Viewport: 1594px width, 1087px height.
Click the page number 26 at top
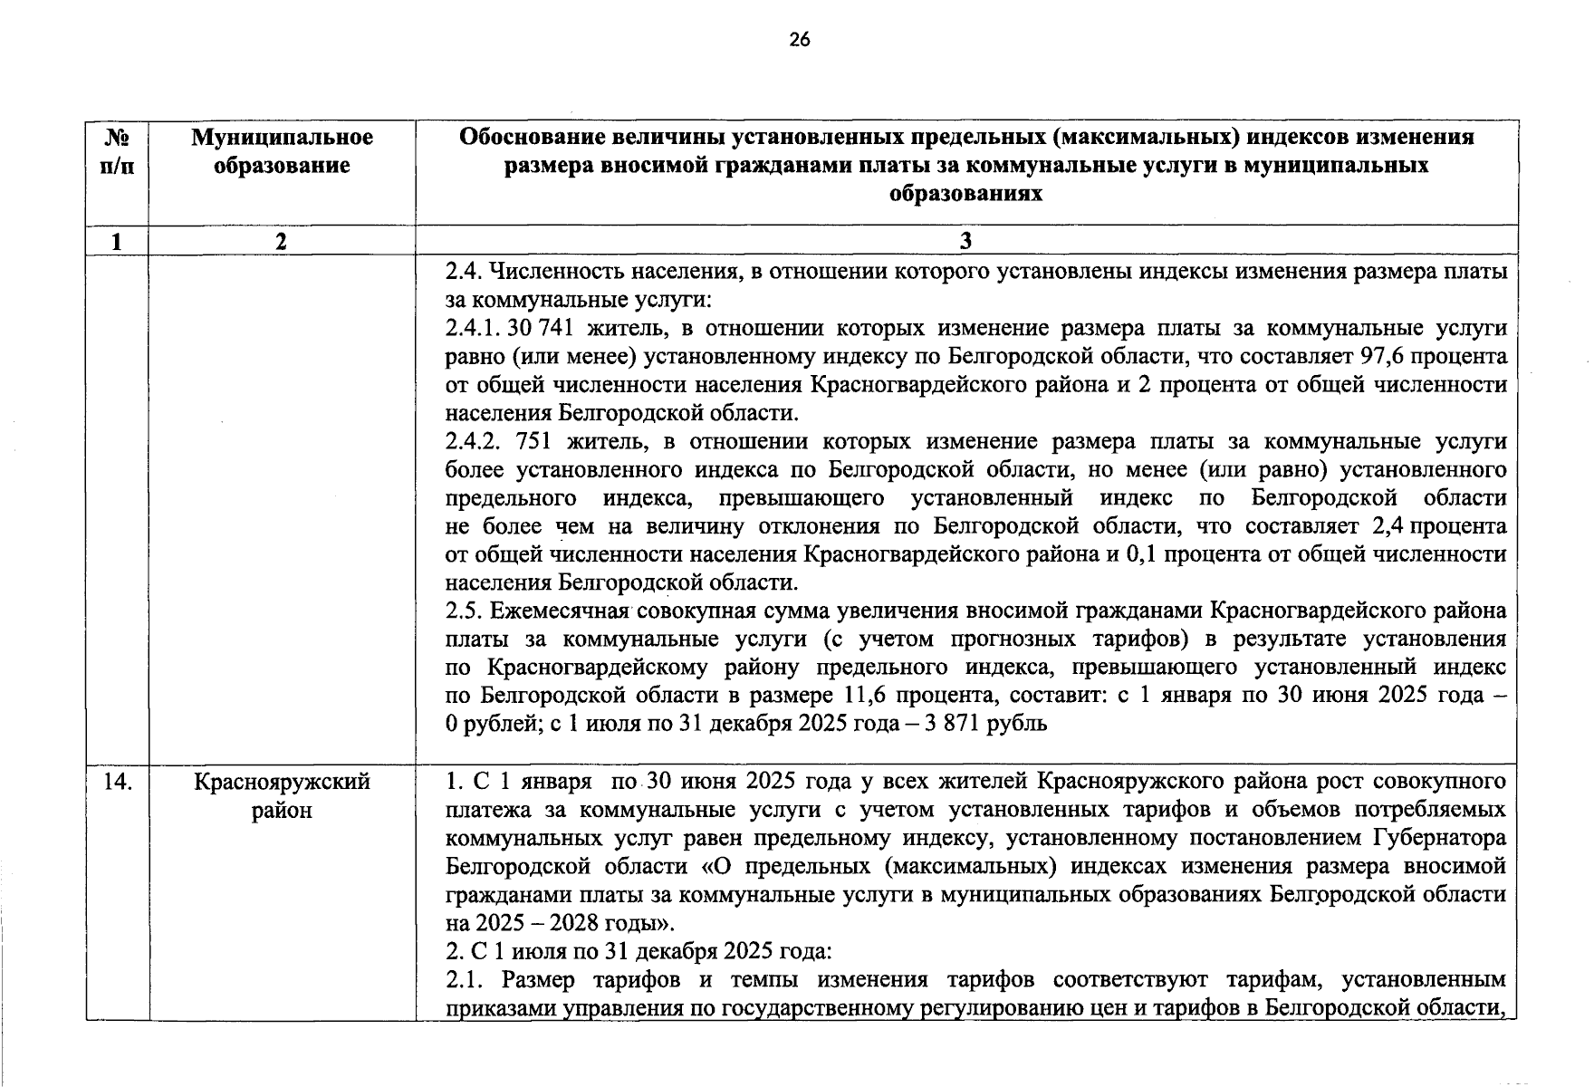coord(799,39)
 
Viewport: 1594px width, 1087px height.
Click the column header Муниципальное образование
coord(282,151)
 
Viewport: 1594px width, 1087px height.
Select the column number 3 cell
coord(965,240)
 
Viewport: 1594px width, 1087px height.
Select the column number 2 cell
coord(282,240)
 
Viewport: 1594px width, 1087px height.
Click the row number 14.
coord(117,781)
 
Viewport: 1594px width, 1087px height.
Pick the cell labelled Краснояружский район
coord(282,794)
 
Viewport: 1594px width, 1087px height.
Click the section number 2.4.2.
coord(472,441)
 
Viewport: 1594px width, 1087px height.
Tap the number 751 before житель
coord(533,441)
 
